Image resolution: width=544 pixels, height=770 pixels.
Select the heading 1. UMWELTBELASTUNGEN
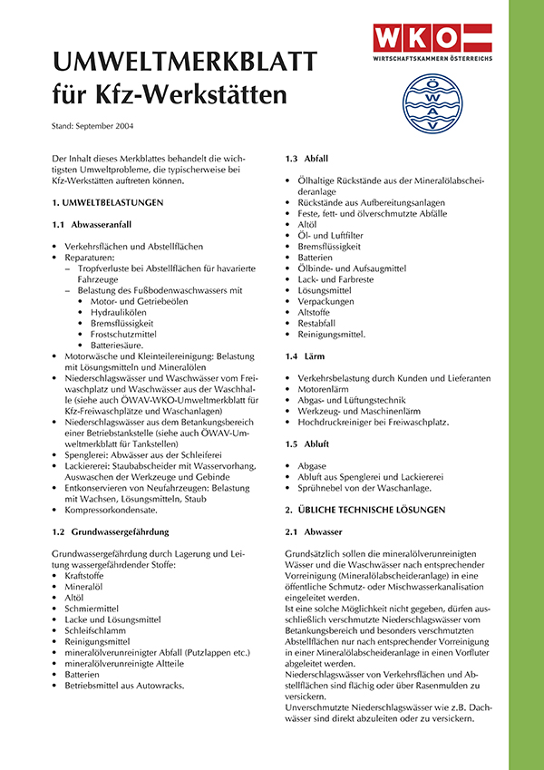108,202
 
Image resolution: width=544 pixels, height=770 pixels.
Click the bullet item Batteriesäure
121,345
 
